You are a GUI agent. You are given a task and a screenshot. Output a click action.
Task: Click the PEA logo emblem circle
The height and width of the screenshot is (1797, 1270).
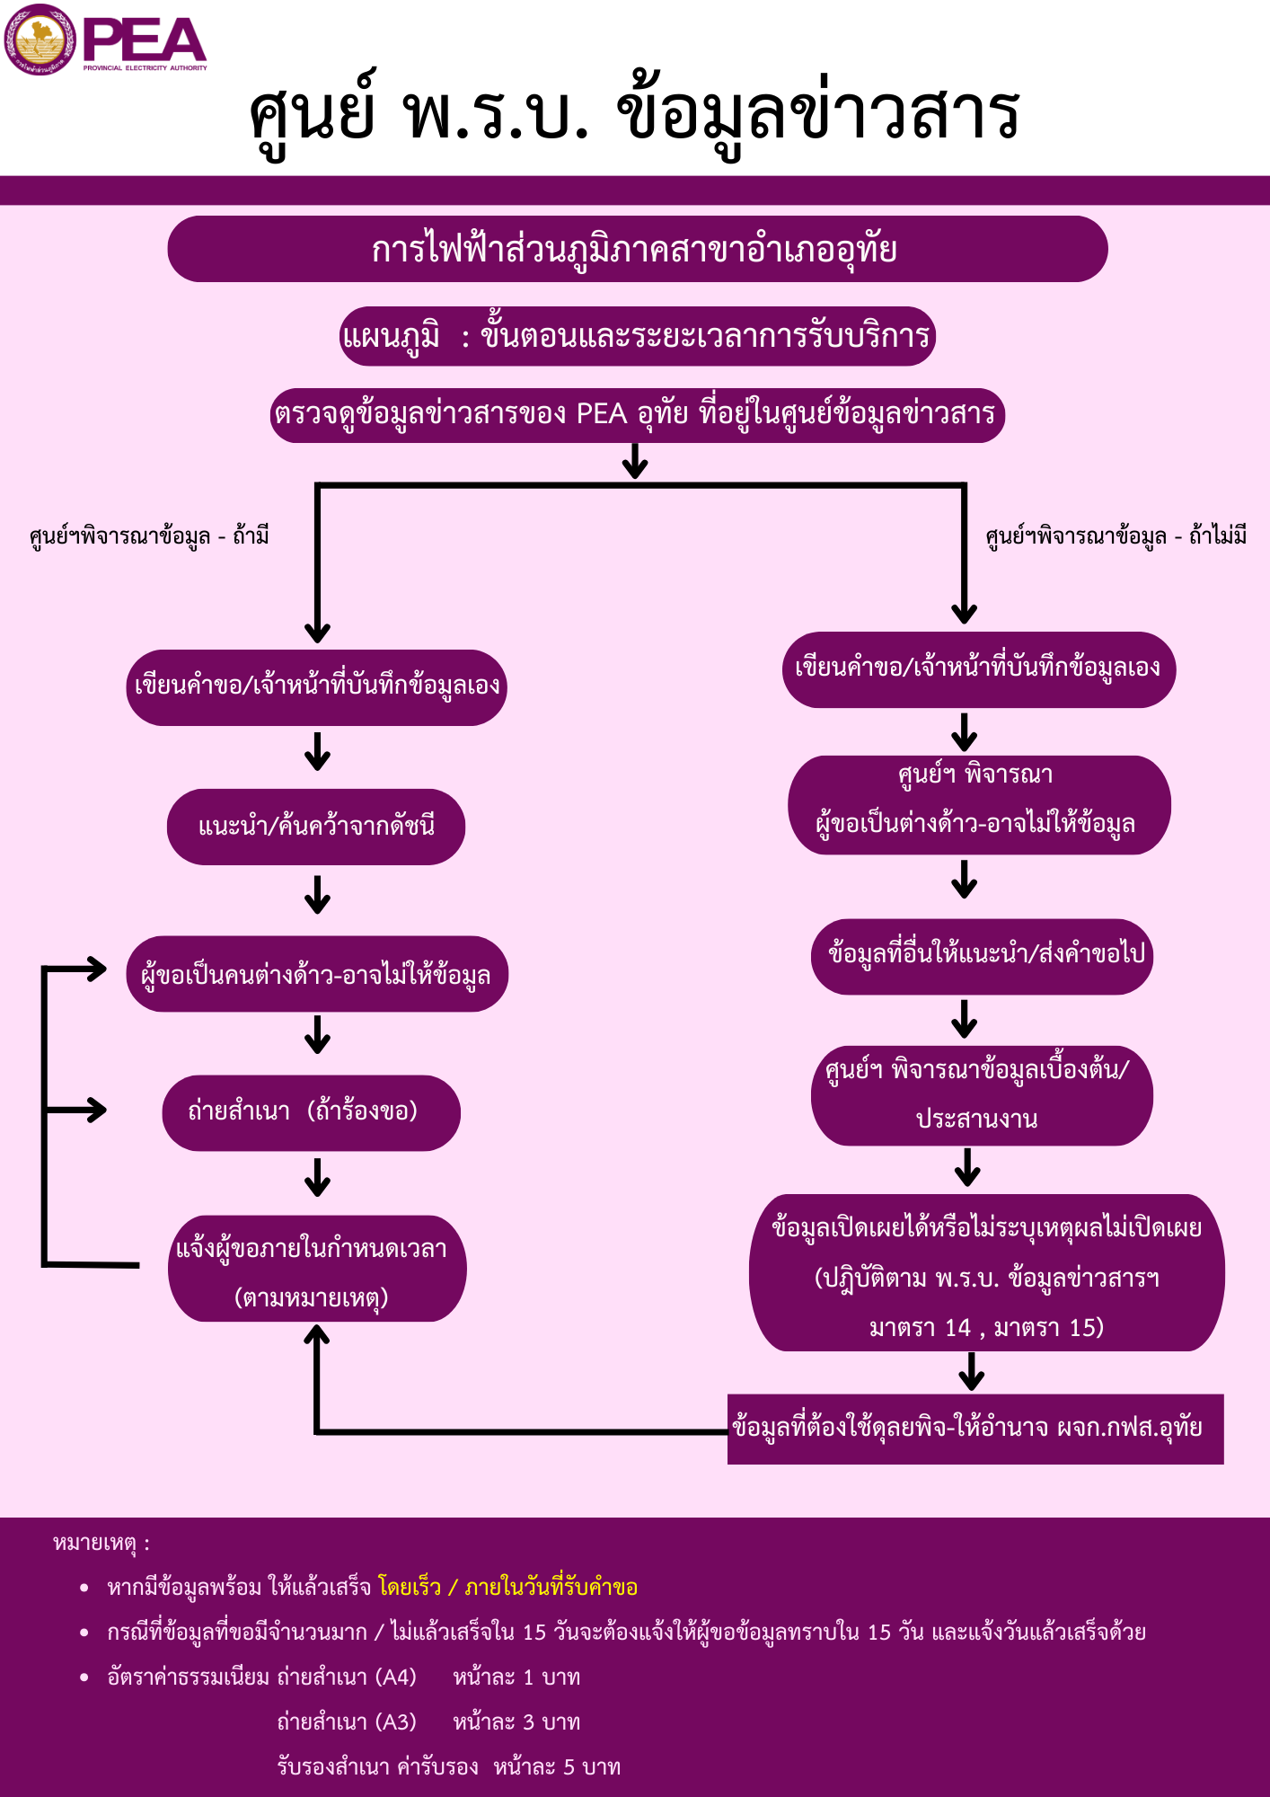(40, 40)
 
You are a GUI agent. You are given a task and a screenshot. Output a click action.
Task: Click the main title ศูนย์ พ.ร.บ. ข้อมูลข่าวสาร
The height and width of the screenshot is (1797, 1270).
(634, 114)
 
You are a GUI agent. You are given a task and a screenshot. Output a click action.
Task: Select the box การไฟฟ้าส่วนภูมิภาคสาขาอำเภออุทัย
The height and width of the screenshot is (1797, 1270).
(637, 249)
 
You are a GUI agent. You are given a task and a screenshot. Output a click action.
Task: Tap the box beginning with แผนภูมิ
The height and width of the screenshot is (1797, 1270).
(637, 336)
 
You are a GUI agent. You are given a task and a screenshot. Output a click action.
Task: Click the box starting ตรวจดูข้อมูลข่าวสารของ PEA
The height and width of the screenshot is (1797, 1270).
(637, 415)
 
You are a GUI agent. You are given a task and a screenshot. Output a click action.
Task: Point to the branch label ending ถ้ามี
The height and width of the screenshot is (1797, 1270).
(149, 536)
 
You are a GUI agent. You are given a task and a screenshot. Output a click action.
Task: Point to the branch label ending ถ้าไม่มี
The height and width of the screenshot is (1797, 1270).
(1116, 536)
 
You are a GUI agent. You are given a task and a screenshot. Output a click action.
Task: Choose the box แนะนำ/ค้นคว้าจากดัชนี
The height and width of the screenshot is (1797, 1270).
(316, 827)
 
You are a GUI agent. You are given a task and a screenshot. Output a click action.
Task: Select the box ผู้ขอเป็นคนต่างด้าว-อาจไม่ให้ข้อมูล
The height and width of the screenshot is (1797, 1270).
(317, 974)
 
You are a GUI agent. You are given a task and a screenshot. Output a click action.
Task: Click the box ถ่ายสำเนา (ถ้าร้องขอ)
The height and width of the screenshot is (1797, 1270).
(311, 1112)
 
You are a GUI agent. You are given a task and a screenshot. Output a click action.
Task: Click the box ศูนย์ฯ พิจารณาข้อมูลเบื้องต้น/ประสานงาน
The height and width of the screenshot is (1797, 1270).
(982, 1095)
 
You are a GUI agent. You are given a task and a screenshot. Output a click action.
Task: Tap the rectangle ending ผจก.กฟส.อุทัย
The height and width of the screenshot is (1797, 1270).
(975, 1429)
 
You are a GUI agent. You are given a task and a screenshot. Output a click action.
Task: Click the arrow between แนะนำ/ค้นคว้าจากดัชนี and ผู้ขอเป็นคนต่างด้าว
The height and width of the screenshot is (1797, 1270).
(317, 895)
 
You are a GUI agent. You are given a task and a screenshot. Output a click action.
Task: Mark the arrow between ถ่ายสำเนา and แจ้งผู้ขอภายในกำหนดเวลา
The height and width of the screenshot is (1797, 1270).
(317, 1177)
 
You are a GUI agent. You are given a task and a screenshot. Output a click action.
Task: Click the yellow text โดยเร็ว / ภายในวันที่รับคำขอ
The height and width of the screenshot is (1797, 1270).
(507, 1588)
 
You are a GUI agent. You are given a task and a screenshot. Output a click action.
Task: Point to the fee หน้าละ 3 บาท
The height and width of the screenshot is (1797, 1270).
(516, 1722)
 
